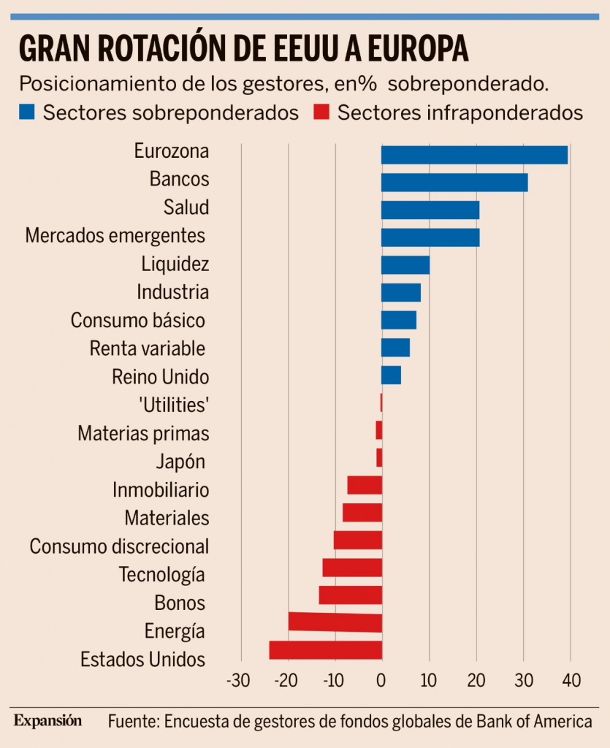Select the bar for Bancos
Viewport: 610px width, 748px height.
(x=454, y=183)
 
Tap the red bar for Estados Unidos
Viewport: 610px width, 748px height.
(x=326, y=650)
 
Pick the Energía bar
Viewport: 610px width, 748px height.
(x=335, y=622)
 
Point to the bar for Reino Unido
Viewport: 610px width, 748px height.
(x=391, y=375)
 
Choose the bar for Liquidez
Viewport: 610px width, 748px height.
(x=405, y=264)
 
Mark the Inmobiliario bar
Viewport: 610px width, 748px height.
(x=365, y=485)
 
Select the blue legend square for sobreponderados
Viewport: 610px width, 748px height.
(x=26, y=113)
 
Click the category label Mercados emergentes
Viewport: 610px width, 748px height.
(x=115, y=236)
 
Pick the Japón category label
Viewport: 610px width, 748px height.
(x=180, y=462)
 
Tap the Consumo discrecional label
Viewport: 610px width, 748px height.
(x=119, y=546)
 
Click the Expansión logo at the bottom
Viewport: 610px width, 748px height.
(x=47, y=721)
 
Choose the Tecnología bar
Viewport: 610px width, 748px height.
(x=352, y=568)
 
